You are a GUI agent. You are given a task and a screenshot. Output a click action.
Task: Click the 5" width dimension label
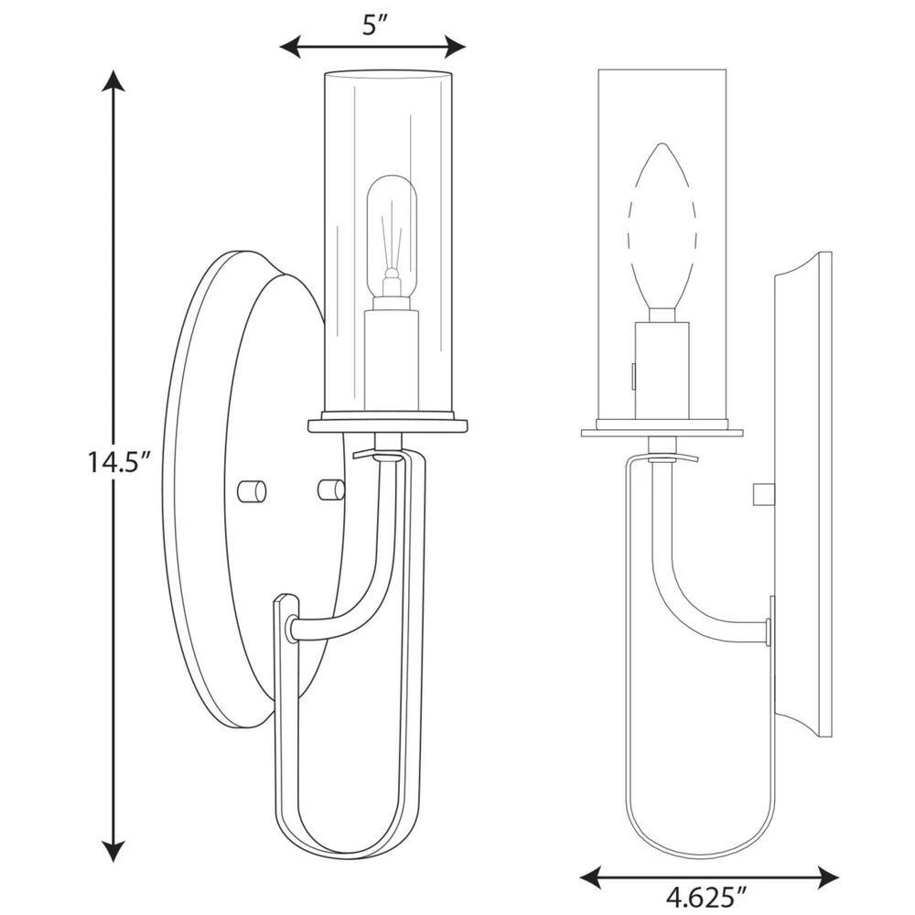[x=372, y=24]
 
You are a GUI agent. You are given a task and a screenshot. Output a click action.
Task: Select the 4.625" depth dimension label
[x=706, y=898]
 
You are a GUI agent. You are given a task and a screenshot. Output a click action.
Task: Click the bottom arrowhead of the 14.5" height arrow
[x=113, y=851]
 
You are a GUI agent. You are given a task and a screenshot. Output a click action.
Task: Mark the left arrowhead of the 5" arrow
[x=290, y=46]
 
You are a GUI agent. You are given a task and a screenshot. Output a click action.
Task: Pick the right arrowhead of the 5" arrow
[x=455, y=46]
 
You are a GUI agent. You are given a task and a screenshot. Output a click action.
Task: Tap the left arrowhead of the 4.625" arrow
[x=590, y=877]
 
